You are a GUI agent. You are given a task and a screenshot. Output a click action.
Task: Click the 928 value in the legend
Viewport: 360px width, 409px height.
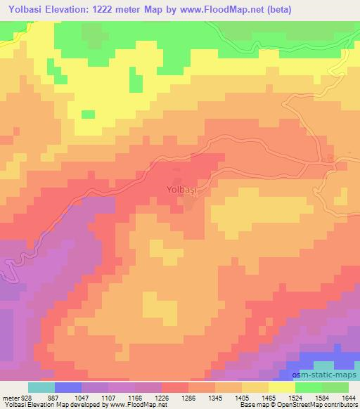[25, 397]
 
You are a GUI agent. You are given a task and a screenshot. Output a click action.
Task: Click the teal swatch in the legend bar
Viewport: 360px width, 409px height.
[41, 387]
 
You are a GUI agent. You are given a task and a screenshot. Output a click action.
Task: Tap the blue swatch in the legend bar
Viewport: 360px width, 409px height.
[67, 387]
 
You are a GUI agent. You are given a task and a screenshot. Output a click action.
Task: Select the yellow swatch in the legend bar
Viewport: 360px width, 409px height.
[281, 387]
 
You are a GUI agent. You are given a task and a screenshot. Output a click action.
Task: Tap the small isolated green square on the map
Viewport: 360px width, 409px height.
[88, 114]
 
